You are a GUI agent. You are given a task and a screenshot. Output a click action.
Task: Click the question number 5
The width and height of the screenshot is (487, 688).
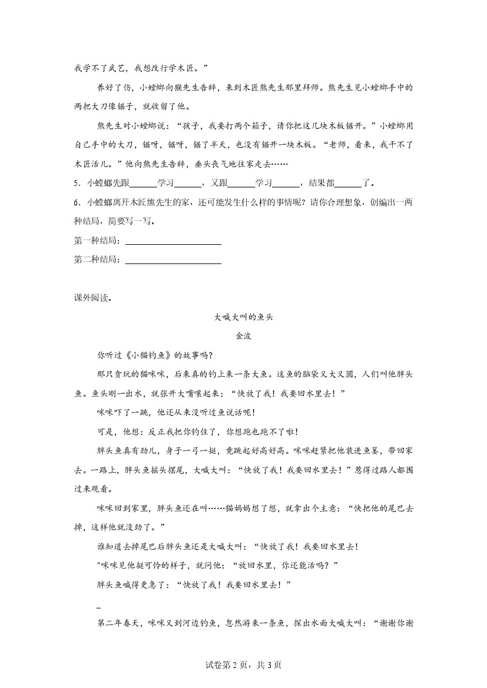(x=77, y=182)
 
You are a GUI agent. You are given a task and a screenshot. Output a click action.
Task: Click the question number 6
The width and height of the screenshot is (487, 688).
(x=77, y=202)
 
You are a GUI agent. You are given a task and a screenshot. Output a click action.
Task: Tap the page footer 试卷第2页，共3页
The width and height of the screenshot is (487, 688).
(x=243, y=665)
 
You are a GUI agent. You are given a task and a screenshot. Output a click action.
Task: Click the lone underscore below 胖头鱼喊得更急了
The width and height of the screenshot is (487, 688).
(x=98, y=607)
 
